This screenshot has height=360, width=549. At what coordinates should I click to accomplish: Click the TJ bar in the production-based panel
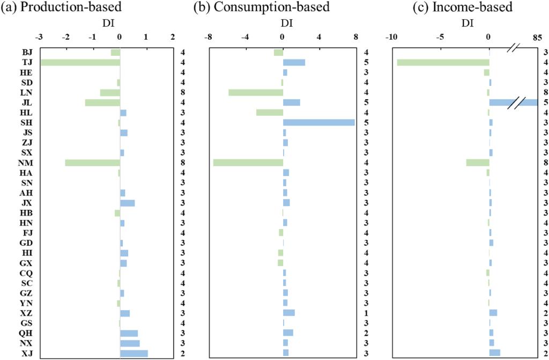click(80, 62)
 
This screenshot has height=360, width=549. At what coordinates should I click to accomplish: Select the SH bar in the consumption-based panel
click(318, 122)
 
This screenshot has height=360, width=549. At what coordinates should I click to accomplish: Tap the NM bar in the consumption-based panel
click(248, 163)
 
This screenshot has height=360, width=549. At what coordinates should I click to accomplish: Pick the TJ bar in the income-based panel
click(443, 62)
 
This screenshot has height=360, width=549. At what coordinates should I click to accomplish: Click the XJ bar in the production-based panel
click(133, 353)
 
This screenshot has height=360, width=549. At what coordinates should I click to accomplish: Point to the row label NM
click(26, 163)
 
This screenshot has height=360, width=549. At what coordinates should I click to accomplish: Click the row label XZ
click(26, 313)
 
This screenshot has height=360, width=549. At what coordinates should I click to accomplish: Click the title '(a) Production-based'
click(61, 8)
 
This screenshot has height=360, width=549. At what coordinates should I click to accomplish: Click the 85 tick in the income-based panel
click(537, 38)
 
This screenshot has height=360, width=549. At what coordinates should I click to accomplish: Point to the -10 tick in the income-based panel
click(391, 38)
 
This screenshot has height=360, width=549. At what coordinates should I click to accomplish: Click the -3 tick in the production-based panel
click(39, 38)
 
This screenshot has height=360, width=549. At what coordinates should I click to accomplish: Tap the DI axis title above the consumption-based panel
click(286, 24)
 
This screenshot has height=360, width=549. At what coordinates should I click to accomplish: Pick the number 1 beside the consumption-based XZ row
click(366, 313)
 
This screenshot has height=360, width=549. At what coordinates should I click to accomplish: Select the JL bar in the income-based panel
click(513, 102)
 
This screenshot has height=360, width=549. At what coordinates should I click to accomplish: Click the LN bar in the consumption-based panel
click(256, 92)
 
